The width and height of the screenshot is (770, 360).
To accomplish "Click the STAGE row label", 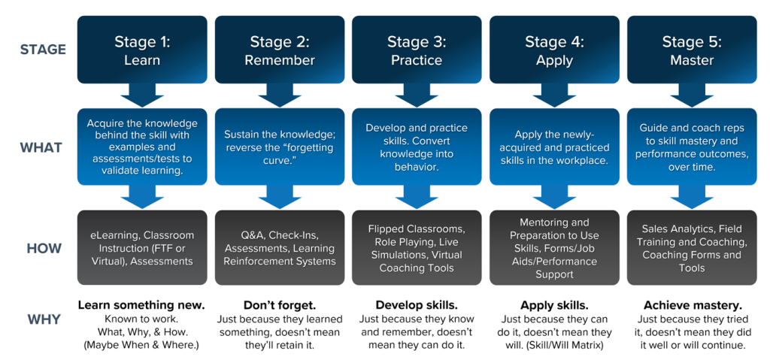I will [x=44, y=50].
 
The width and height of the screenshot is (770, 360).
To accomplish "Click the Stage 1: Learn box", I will [x=142, y=50].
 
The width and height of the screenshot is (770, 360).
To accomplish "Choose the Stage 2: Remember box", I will [x=280, y=50].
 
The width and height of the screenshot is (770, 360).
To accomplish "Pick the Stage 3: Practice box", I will [x=417, y=50].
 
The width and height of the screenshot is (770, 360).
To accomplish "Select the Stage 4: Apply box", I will [x=554, y=50].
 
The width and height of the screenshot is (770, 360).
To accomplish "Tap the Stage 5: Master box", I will [x=692, y=50].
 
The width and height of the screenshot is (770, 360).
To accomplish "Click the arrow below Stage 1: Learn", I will [x=142, y=95].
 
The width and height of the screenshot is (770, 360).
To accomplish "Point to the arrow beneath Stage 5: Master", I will [x=692, y=95].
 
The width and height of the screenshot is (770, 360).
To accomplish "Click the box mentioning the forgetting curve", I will [x=280, y=147].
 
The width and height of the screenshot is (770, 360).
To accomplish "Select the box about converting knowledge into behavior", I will [x=417, y=147].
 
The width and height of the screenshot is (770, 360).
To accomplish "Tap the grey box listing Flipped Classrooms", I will [x=417, y=248].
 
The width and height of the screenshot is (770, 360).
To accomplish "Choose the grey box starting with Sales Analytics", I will [x=692, y=248].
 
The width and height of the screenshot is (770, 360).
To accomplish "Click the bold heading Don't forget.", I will [x=280, y=305].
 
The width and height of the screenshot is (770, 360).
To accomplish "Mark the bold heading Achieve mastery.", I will [x=692, y=305].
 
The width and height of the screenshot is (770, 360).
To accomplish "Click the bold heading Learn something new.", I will [x=141, y=305].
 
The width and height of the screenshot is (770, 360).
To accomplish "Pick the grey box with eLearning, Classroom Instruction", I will [x=142, y=248].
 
